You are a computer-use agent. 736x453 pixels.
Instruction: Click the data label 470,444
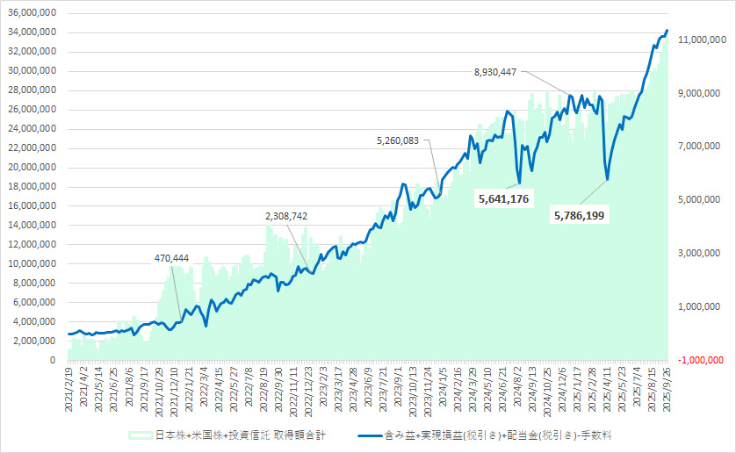[x=170, y=258]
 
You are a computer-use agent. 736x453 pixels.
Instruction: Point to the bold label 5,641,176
[x=503, y=200]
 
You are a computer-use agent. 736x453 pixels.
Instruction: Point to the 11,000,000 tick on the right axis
[x=696, y=40]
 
